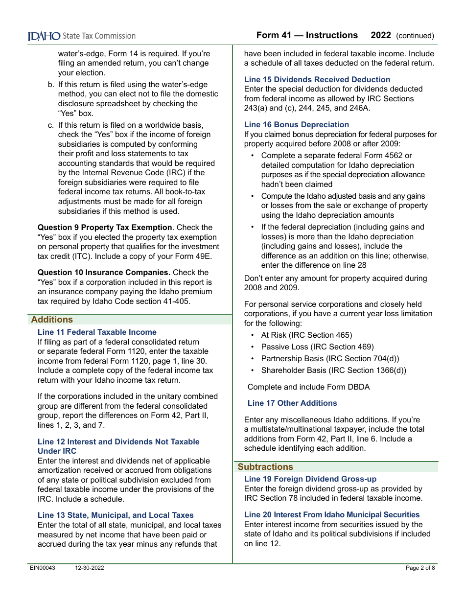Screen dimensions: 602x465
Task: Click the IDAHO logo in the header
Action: point(44,36)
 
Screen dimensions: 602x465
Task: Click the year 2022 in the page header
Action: point(381,35)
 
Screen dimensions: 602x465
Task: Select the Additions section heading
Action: point(52,320)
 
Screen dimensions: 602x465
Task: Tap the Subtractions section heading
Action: point(265,467)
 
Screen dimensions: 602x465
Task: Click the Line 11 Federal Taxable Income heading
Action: point(97,332)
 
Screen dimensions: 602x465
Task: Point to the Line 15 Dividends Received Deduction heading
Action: point(317,80)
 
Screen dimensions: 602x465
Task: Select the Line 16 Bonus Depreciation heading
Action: point(297,125)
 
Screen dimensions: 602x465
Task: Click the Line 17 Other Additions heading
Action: point(292,403)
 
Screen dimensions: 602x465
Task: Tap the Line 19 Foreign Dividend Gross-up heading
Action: point(310,479)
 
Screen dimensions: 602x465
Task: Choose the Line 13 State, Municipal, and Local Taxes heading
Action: point(116,515)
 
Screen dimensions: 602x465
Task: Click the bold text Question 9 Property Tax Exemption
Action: point(105,228)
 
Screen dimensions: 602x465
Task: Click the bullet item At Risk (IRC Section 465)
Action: point(306,335)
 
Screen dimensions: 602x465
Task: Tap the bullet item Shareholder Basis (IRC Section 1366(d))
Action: point(333,370)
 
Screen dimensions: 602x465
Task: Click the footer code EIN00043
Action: point(42,568)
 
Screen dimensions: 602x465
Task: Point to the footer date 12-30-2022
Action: point(89,568)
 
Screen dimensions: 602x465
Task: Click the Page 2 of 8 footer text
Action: point(420,568)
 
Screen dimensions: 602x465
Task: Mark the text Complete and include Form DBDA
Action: point(308,387)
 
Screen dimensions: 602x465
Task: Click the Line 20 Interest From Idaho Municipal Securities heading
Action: point(332,515)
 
